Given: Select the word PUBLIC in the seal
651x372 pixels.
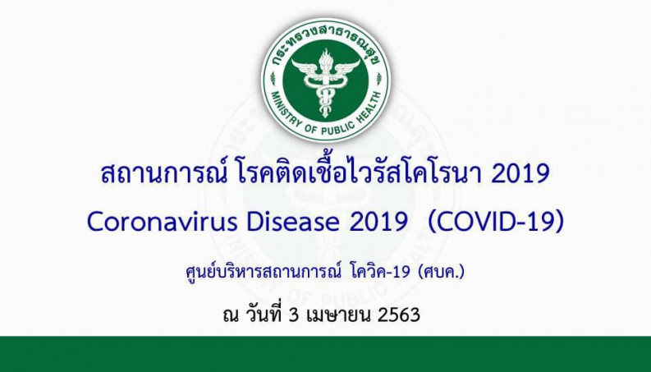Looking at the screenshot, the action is click(x=336, y=127).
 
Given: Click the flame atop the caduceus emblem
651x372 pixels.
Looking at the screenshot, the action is click(x=325, y=58).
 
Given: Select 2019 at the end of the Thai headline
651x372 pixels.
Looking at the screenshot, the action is click(x=520, y=174).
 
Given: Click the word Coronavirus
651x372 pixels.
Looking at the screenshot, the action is click(x=163, y=222).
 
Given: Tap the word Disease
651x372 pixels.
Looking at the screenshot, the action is click(x=293, y=222).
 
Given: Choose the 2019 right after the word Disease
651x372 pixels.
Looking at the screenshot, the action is click(x=378, y=222).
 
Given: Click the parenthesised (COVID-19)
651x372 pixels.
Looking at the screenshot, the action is click(x=496, y=222).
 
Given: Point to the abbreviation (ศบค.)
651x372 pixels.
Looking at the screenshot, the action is click(x=442, y=272).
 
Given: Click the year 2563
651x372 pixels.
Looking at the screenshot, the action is click(x=399, y=315).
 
